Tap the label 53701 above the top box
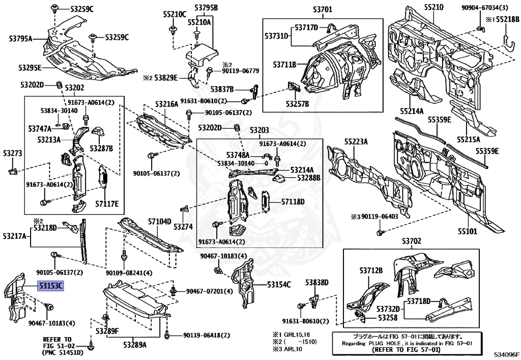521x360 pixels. click(x=320, y=9)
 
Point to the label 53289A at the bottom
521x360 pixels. click(x=134, y=345)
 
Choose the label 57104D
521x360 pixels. click(x=160, y=221)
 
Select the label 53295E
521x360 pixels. click(x=30, y=68)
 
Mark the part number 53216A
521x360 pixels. click(x=166, y=104)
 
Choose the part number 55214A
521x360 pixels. click(x=411, y=110)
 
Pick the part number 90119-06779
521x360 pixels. click(x=240, y=71)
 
